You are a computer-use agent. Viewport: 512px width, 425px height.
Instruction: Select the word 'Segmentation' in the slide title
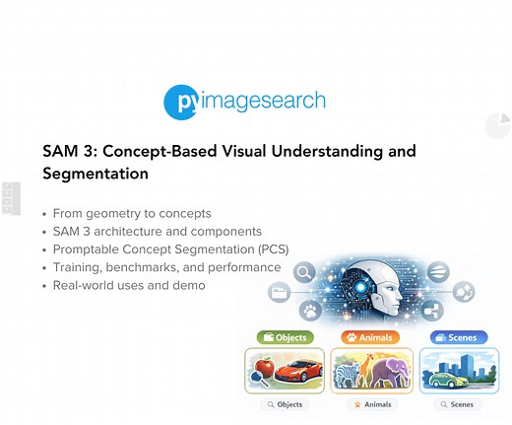point(96,174)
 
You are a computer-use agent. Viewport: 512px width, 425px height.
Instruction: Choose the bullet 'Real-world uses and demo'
point(129,285)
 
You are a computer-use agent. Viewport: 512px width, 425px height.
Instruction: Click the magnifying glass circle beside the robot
point(304,272)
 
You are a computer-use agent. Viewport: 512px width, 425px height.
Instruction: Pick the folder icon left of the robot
point(279,293)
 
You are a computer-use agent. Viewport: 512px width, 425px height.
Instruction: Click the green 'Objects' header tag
point(285,337)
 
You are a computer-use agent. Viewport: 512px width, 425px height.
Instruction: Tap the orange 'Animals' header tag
point(371,337)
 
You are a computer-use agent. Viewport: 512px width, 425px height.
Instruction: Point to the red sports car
point(297,373)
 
